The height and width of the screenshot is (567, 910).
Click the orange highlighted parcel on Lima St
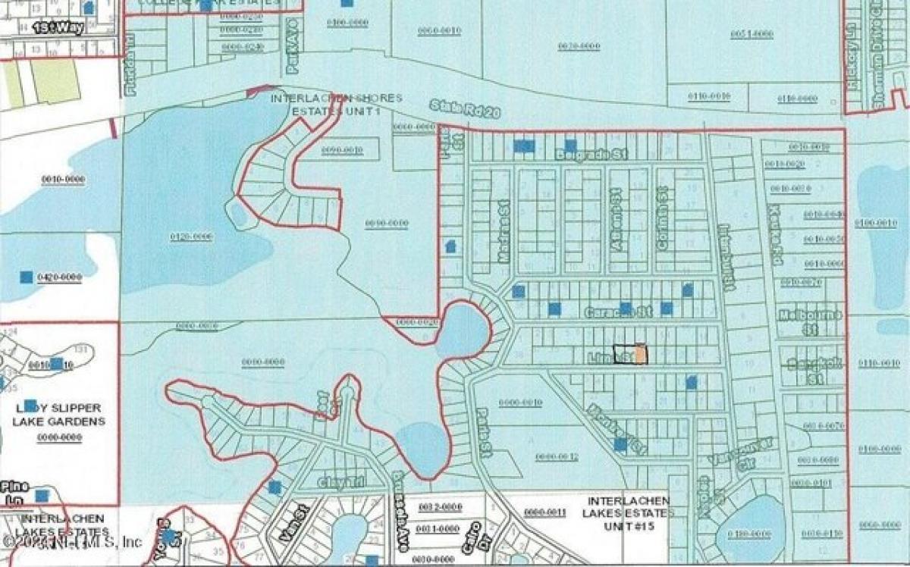[641, 354]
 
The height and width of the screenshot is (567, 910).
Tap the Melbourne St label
[811, 322]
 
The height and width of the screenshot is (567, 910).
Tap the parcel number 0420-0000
[59, 278]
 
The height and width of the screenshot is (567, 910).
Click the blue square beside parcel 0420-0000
[27, 277]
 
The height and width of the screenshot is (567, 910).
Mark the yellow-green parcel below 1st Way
[55, 81]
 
